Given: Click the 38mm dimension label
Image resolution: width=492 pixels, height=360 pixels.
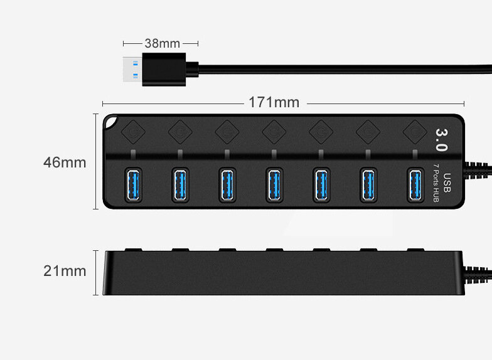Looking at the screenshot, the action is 162,43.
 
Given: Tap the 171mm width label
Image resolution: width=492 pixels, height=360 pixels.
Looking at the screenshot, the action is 274,102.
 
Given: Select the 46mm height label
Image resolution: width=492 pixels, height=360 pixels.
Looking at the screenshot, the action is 65,162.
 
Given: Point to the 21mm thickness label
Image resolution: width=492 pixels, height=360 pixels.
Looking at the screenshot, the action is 65,271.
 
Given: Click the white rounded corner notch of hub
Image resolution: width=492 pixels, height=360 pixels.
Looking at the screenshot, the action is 110,122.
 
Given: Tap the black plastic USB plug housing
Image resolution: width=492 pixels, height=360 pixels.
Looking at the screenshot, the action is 164,69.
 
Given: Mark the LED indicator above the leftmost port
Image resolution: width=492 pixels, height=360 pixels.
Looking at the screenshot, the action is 133,154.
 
